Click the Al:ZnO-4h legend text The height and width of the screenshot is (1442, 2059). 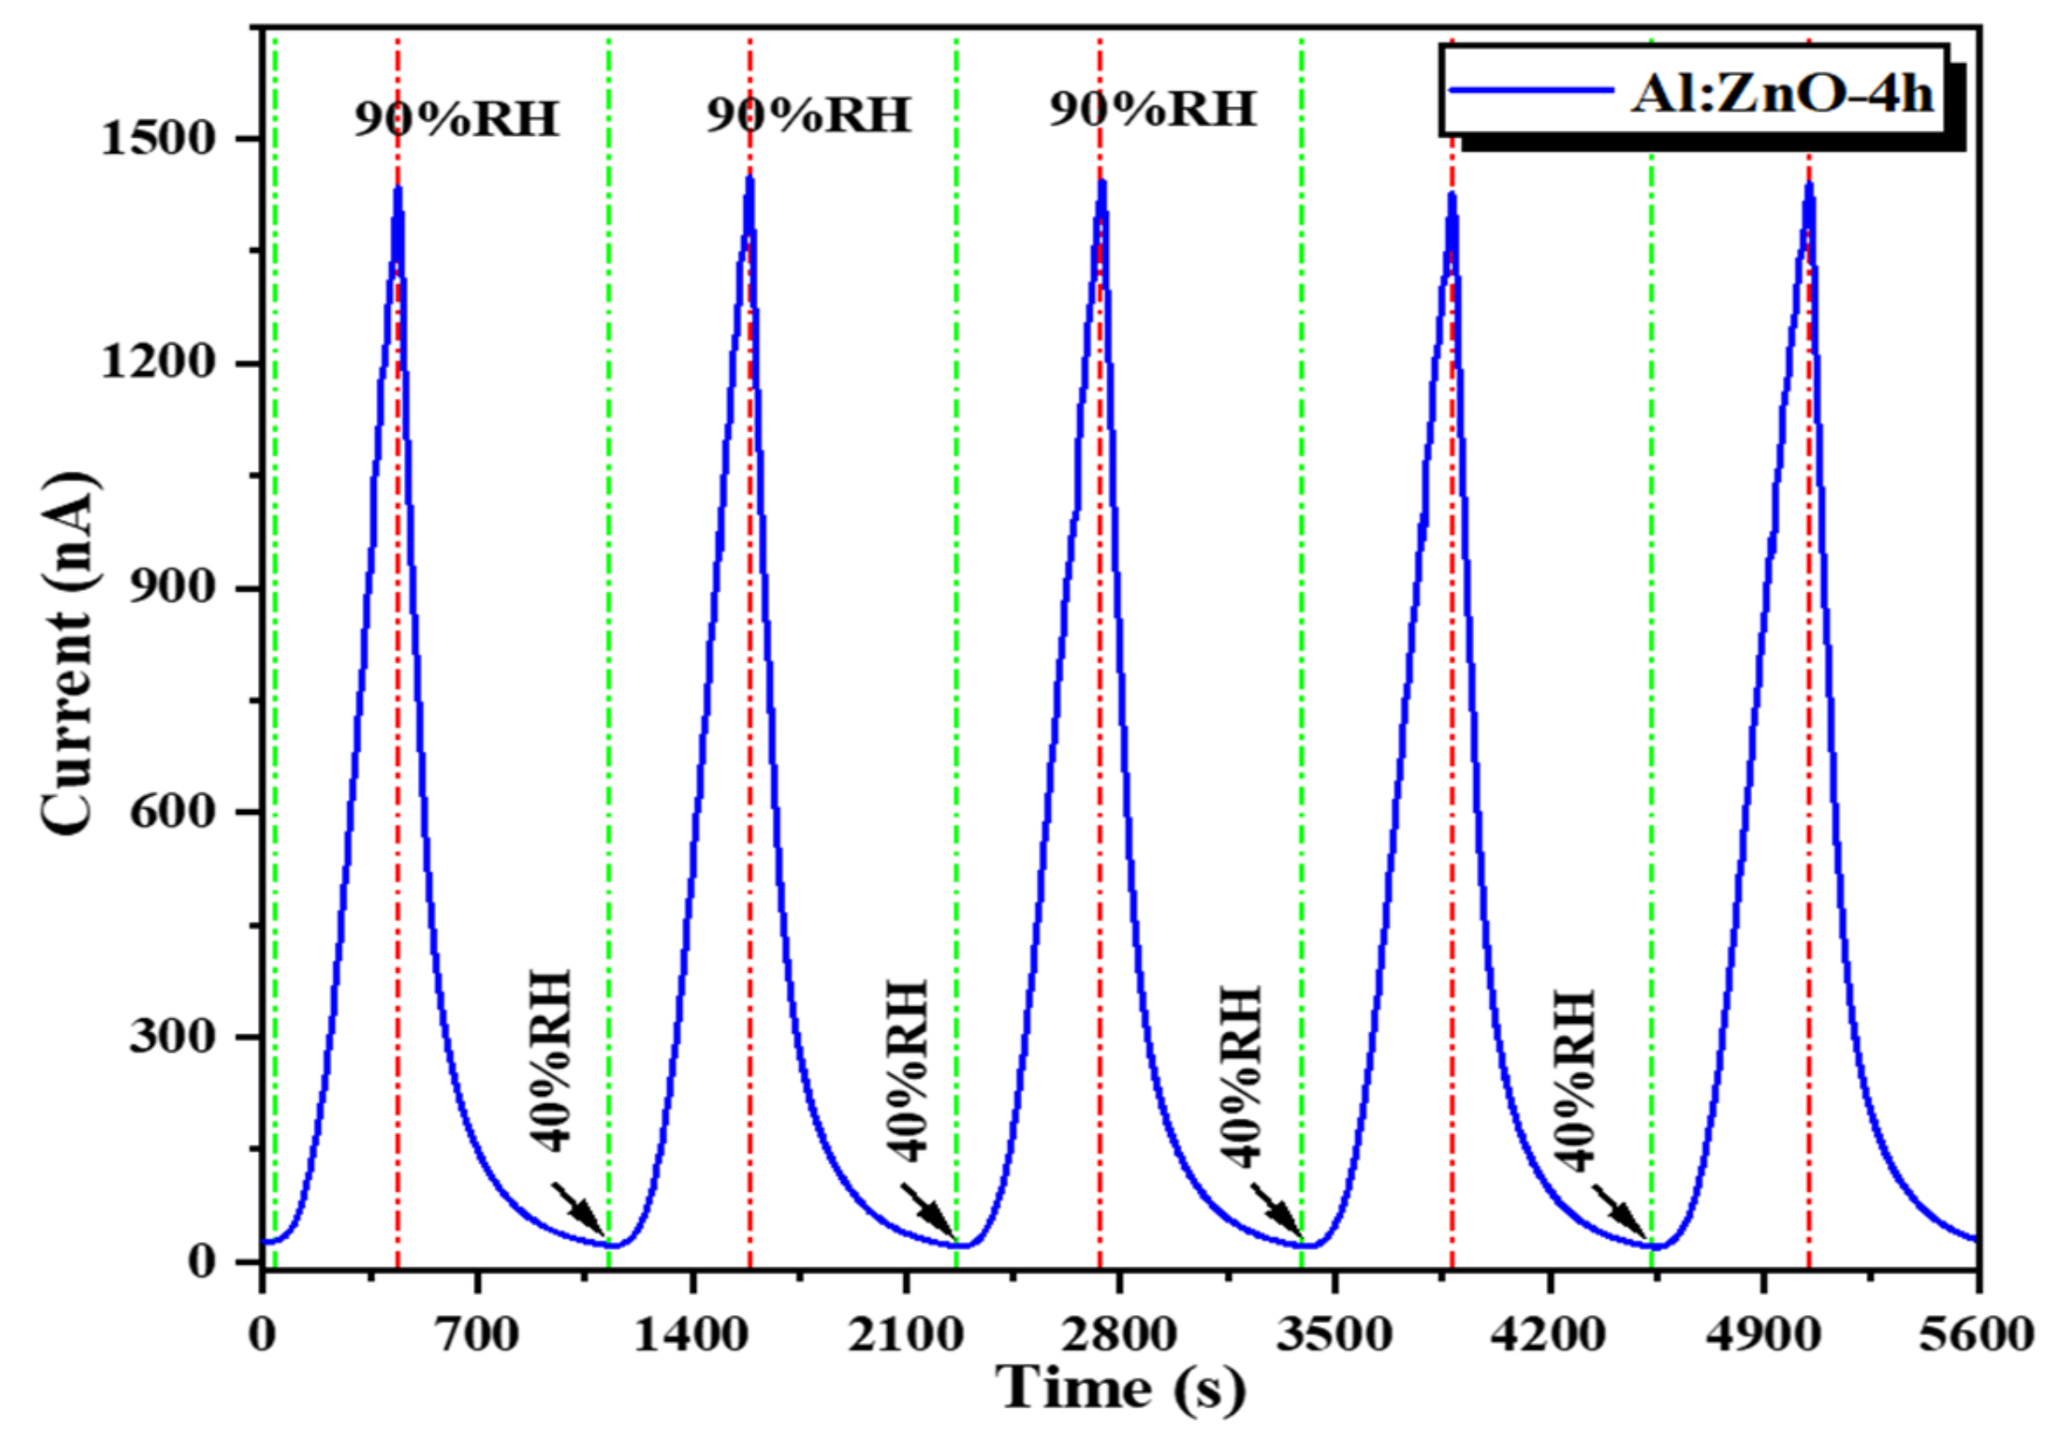click(x=1781, y=93)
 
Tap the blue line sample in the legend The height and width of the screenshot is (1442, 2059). click(x=1530, y=91)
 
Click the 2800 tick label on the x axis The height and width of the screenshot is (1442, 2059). click(x=1118, y=1336)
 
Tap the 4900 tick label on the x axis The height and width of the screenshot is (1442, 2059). click(x=1762, y=1336)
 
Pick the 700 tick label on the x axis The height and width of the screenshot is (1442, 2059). click(x=477, y=1336)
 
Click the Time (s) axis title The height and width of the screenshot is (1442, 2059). click(x=1120, y=1389)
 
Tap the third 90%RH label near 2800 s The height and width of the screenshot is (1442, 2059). click(x=1152, y=110)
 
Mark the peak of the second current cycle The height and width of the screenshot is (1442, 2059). click(x=749, y=178)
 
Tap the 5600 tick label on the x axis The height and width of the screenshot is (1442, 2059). click(x=1976, y=1336)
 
